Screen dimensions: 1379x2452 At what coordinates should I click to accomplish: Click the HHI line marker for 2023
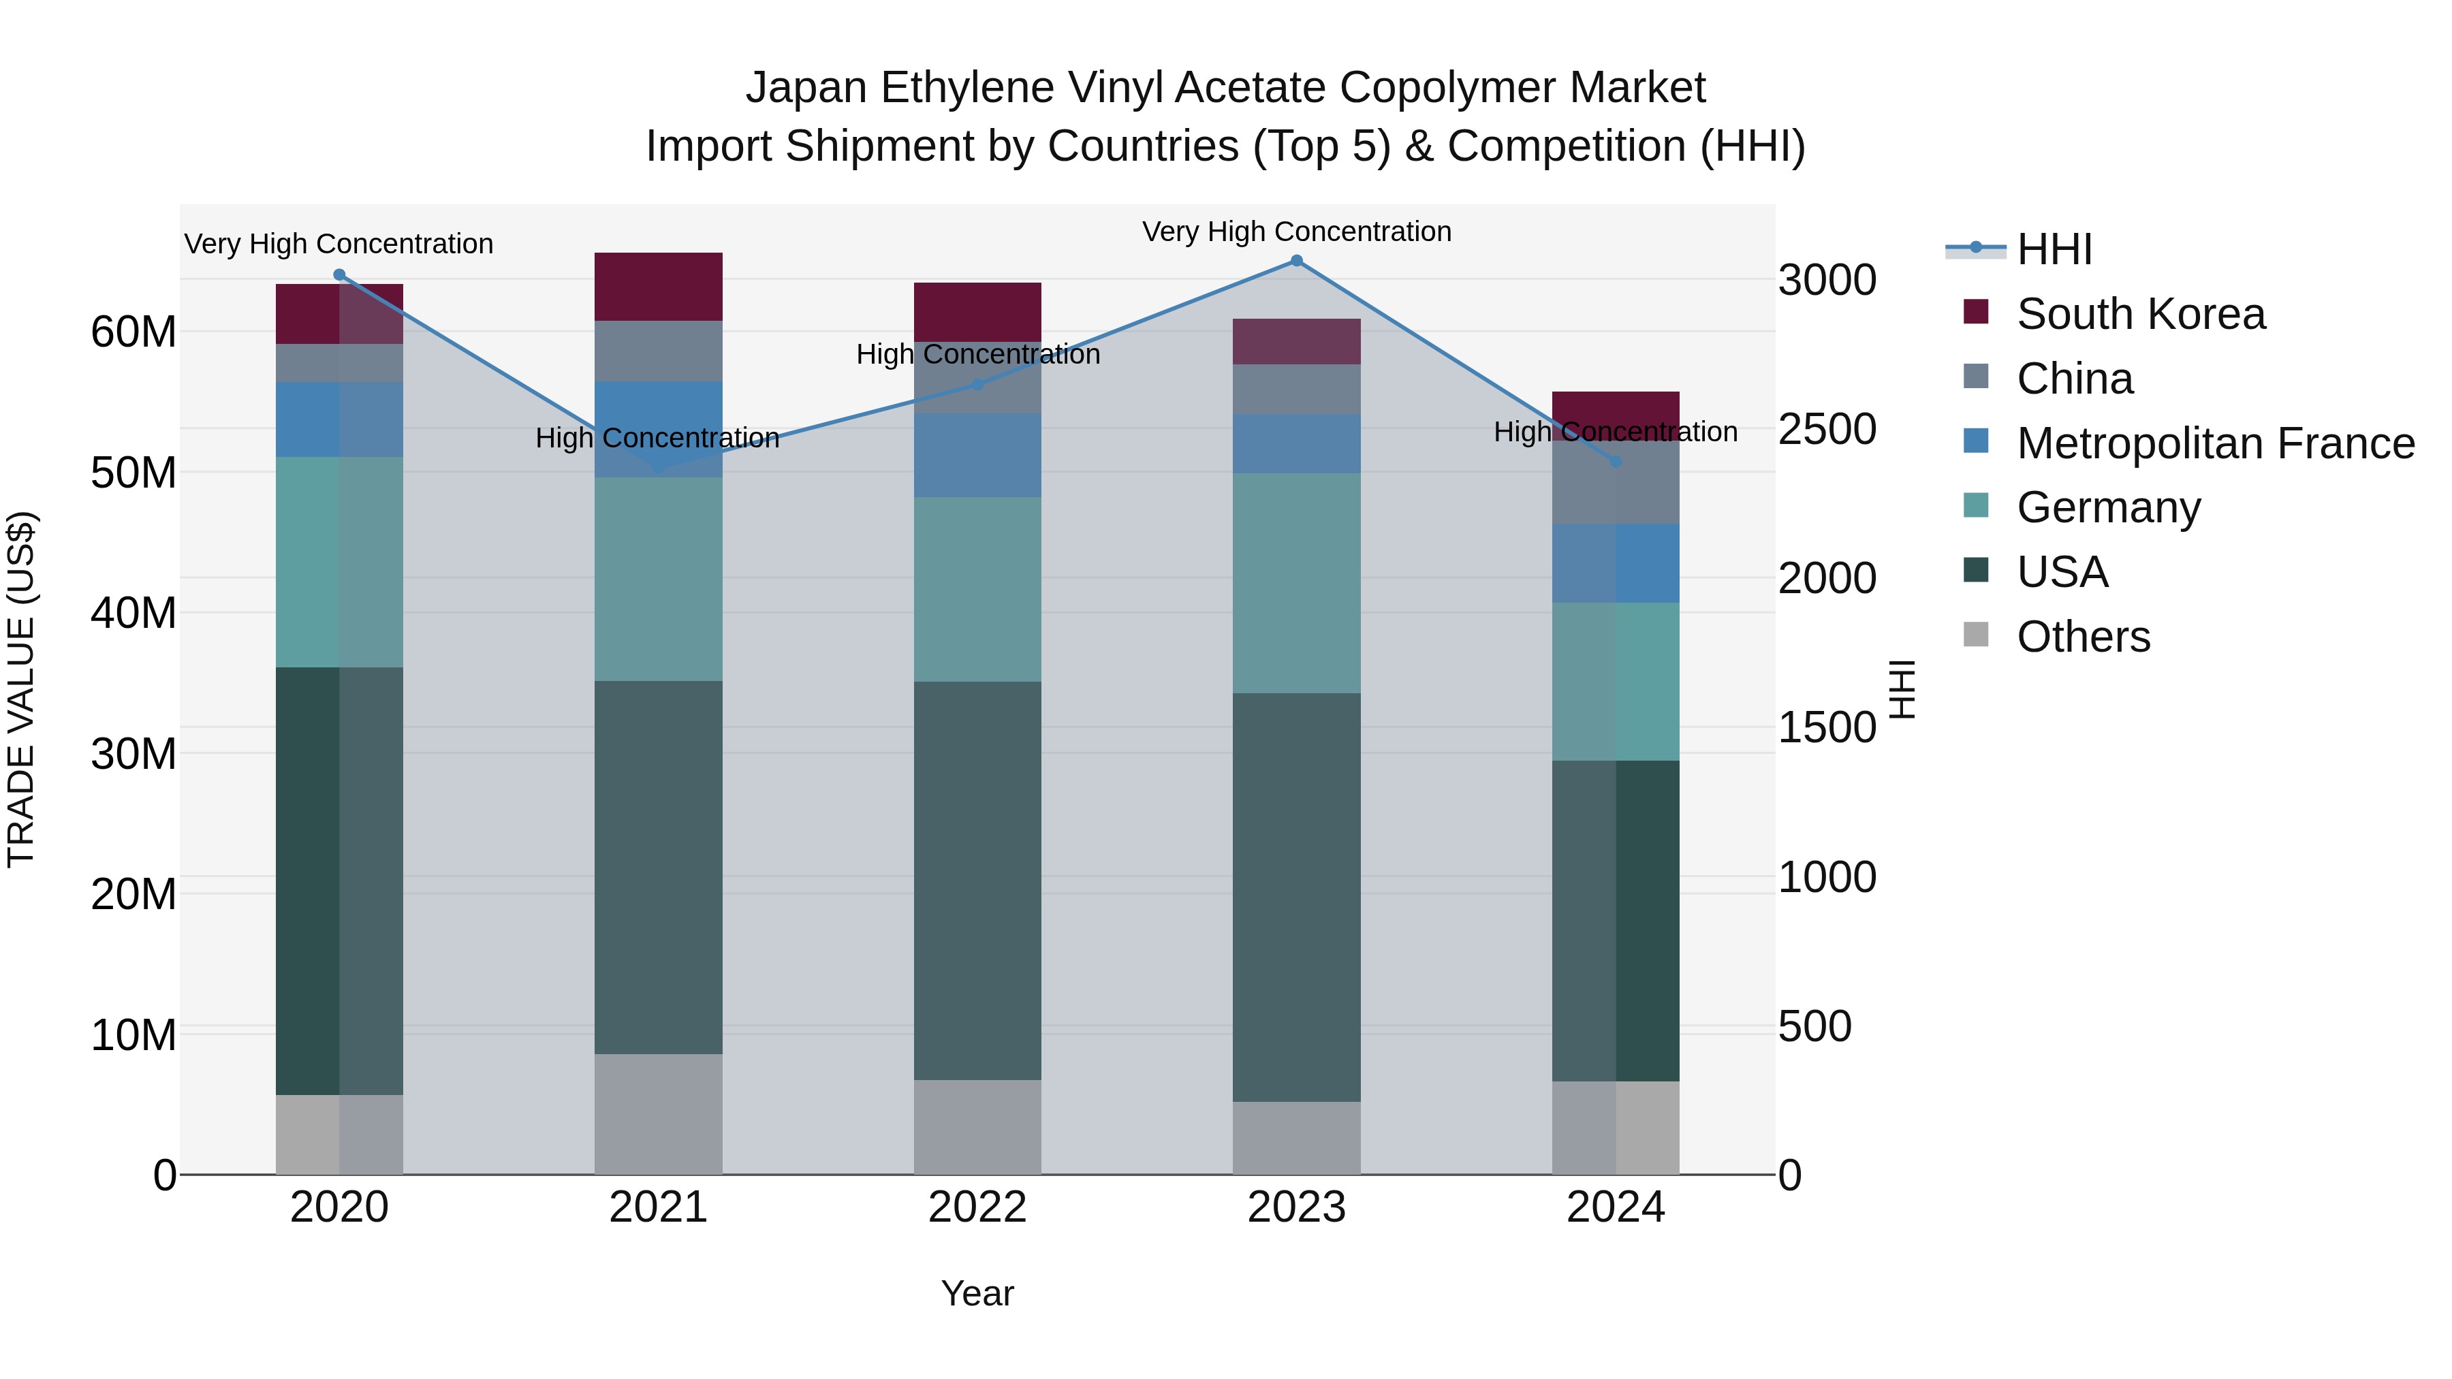(1296, 261)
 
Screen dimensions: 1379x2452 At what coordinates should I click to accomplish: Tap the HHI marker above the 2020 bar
(340, 275)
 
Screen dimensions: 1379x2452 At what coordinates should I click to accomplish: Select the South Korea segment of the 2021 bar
(659, 287)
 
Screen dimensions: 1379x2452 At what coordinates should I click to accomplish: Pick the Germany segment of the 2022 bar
(977, 589)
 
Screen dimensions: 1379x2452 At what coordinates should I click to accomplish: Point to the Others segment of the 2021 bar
(659, 1113)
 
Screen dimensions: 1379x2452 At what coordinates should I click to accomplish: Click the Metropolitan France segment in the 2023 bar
(1296, 443)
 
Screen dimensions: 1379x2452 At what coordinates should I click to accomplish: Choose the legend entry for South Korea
(2141, 314)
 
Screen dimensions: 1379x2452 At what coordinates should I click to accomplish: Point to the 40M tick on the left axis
(133, 613)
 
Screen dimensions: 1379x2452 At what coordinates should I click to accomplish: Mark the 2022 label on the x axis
(977, 1207)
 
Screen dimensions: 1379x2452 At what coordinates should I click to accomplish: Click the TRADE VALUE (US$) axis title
(21, 689)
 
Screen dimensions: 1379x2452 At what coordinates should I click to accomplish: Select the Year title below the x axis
(977, 1293)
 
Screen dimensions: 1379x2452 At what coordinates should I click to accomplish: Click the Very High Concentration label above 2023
(1296, 232)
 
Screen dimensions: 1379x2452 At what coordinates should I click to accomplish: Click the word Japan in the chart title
(806, 88)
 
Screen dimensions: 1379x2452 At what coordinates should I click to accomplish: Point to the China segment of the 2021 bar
(659, 351)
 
